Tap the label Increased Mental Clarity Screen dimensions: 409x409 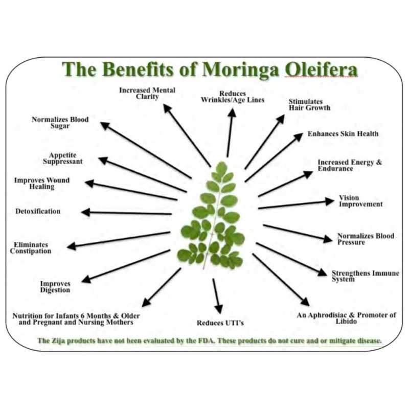click(x=147, y=93)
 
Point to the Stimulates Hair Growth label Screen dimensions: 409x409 click(x=309, y=104)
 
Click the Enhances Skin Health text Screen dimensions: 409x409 click(x=343, y=134)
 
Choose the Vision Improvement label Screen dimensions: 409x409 click(x=360, y=201)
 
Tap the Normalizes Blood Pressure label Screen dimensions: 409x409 click(x=366, y=239)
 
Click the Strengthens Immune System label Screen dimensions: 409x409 click(x=365, y=276)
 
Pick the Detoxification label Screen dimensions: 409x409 click(x=37, y=212)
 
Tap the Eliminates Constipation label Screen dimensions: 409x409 click(x=32, y=248)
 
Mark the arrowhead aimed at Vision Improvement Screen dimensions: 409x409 click(x=329, y=201)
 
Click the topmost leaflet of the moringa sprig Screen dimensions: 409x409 click(x=221, y=168)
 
